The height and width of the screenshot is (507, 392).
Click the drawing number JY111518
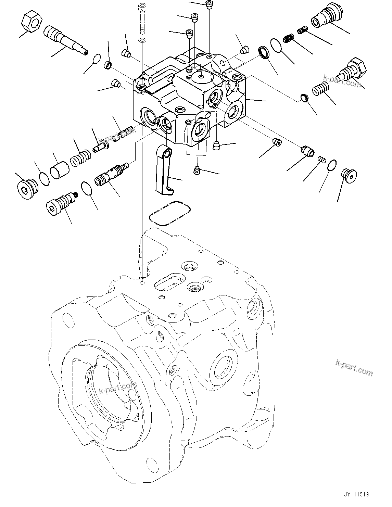(357, 494)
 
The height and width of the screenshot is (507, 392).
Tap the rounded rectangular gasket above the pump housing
(169, 213)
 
